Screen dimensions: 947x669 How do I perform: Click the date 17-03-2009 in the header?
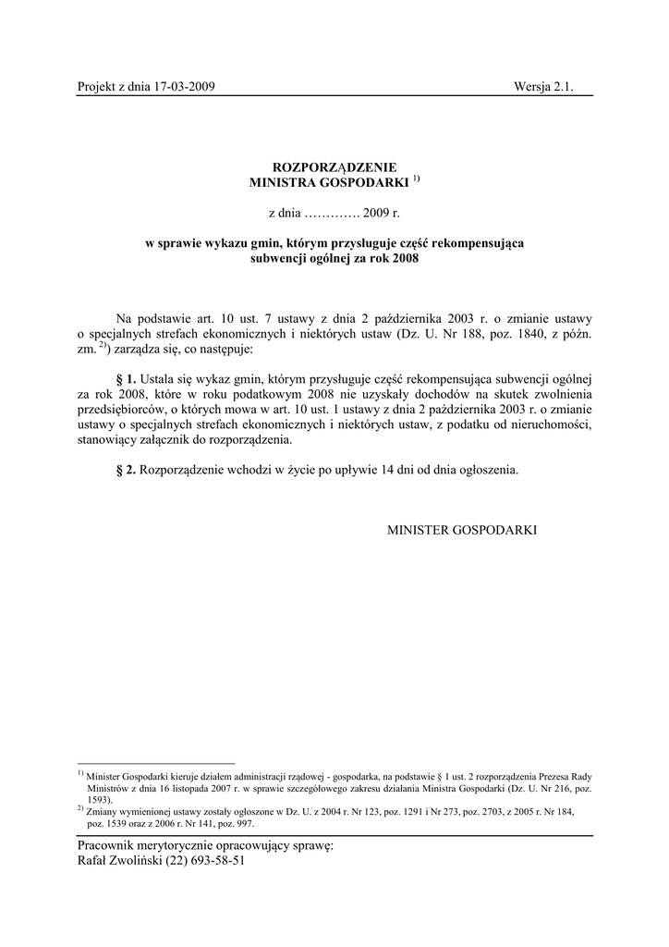(x=185, y=87)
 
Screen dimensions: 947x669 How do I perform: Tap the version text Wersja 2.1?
(x=544, y=87)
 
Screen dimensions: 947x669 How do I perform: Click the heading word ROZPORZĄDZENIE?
(x=334, y=166)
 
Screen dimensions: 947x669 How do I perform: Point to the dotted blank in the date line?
(x=333, y=214)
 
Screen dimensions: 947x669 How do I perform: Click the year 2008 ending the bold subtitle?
(x=404, y=260)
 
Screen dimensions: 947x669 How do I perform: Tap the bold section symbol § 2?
(x=126, y=470)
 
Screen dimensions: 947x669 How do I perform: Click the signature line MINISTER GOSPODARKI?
(x=461, y=530)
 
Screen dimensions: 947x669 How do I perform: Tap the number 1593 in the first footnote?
(x=99, y=799)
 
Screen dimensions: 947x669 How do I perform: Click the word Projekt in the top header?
(x=98, y=87)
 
